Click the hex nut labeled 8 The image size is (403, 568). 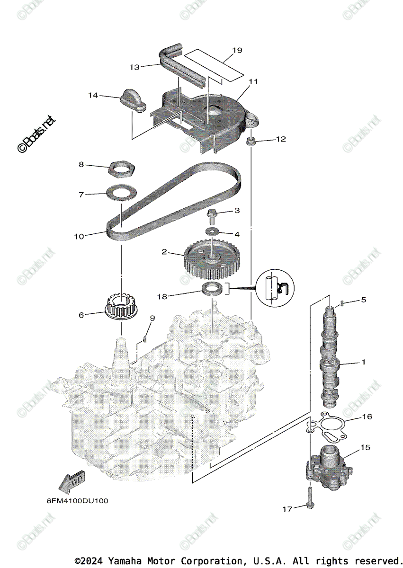click(122, 167)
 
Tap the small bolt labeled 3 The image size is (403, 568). click(211, 215)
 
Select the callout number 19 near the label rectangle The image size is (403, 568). click(237, 50)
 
